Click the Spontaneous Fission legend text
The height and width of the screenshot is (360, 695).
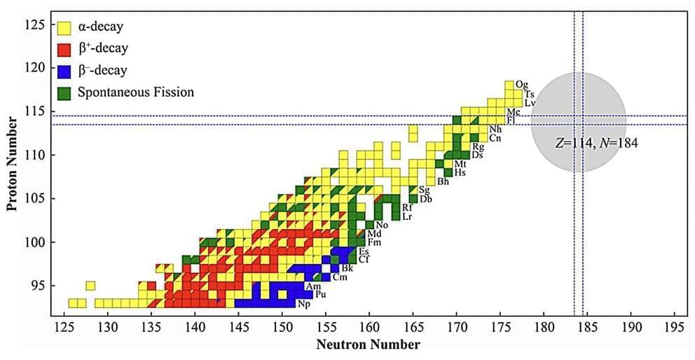point(136,92)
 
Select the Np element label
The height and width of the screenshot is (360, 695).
point(303,304)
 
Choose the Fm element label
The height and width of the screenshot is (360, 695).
point(374,242)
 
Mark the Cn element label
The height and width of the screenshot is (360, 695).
point(495,138)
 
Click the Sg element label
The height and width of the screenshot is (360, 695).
point(424,190)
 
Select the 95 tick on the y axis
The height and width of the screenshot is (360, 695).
point(39,286)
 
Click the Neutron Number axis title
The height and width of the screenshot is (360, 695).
point(368,345)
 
